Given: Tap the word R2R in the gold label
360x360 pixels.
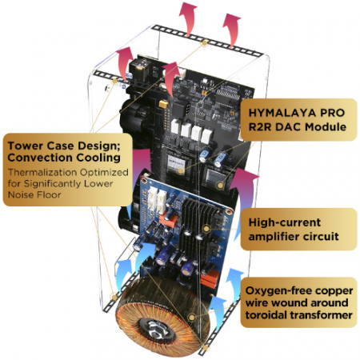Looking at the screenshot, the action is click(260, 127).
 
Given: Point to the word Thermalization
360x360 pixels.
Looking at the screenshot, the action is click(43, 172).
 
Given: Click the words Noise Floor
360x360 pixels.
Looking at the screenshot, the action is click(34, 194).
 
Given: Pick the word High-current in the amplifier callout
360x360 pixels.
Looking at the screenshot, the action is click(285, 222).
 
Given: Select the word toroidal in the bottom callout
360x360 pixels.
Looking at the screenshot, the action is click(266, 315).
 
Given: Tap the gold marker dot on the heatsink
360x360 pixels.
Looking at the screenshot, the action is click(206, 228).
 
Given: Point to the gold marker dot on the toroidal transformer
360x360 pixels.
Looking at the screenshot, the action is click(191, 318).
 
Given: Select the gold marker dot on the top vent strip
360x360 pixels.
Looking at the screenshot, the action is click(205, 42).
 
